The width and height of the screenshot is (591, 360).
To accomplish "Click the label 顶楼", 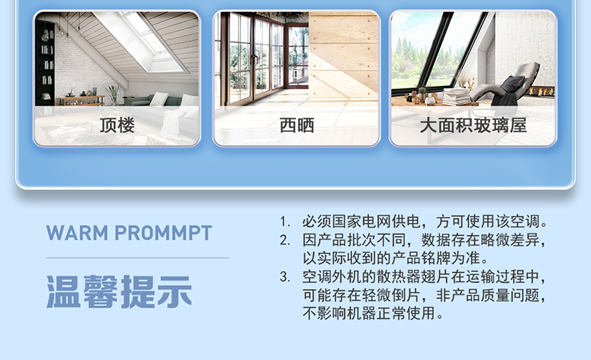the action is click(117, 125).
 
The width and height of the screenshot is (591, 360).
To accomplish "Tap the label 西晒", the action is click(297, 125).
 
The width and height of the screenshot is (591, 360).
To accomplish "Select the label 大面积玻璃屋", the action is click(473, 125).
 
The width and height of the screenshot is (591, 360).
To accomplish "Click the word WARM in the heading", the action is click(77, 233).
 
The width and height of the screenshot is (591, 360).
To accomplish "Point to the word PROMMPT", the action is click(163, 233).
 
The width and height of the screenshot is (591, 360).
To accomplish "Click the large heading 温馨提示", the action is click(119, 292).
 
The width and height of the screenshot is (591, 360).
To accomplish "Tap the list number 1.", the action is click(284, 222).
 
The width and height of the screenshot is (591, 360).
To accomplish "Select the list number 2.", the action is click(284, 240).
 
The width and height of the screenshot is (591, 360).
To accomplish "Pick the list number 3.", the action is click(284, 277).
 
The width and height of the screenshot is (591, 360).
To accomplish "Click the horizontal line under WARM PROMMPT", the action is click(138, 258).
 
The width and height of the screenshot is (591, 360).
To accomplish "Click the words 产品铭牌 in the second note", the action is click(420, 259).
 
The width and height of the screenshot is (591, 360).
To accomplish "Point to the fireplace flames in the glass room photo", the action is click(542, 91).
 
